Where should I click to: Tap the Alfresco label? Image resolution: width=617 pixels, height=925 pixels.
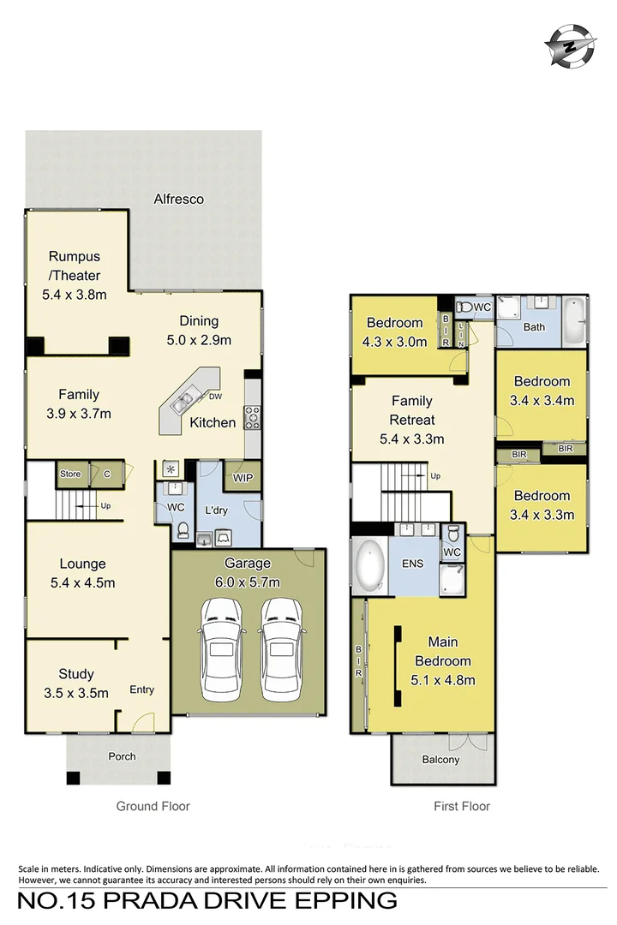pyautogui.click(x=178, y=200)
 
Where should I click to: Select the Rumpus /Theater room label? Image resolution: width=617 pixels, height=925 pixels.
pyautogui.click(x=75, y=266)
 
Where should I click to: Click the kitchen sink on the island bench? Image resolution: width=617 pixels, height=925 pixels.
pyautogui.click(x=182, y=401)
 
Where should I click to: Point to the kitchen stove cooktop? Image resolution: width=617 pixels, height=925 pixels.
pyautogui.click(x=253, y=417)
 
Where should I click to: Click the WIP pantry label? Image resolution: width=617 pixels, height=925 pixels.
pyautogui.click(x=243, y=478)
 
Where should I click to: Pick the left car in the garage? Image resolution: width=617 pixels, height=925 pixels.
pyautogui.click(x=221, y=649)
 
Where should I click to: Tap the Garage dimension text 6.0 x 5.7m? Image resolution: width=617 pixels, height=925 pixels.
pyautogui.click(x=247, y=582)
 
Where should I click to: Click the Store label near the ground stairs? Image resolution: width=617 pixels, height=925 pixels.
pyautogui.click(x=70, y=474)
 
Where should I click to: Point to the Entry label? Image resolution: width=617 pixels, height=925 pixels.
pyautogui.click(x=141, y=689)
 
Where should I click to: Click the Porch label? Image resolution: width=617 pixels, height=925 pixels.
pyautogui.click(x=122, y=756)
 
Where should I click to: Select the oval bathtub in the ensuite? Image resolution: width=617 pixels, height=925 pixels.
pyautogui.click(x=369, y=566)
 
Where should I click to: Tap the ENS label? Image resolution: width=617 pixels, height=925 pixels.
pyautogui.click(x=413, y=564)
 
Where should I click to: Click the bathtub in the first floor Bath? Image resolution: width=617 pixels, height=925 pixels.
pyautogui.click(x=573, y=321)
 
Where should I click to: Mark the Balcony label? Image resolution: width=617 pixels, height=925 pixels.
pyautogui.click(x=440, y=760)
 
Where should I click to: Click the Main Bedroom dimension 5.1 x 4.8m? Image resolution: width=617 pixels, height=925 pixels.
pyautogui.click(x=443, y=680)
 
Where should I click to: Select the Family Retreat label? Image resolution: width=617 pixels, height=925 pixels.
pyautogui.click(x=412, y=410)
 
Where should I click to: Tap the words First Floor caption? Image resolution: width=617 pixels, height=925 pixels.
pyautogui.click(x=462, y=807)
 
